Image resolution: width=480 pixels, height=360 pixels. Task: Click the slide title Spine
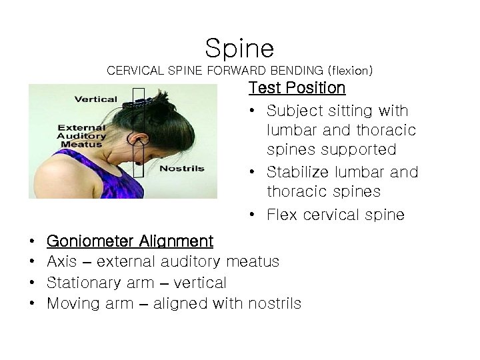[239, 47]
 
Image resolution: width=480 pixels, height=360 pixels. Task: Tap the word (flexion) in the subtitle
[349, 69]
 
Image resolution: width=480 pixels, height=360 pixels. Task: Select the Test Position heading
[297, 88]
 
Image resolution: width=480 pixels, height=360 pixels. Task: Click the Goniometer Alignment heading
[130, 241]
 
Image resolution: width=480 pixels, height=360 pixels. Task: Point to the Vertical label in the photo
[95, 99]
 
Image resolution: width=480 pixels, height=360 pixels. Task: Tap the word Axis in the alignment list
[62, 261]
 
